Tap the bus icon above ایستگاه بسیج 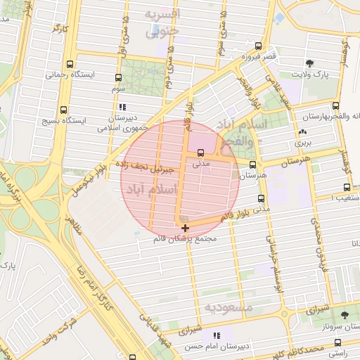click(x=65, y=110)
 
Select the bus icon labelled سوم click(x=117, y=79)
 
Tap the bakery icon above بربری click(x=302, y=131)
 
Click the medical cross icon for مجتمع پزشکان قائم click(x=185, y=228)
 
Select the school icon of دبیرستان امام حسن click(x=217, y=335)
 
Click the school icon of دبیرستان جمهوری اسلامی click(x=123, y=108)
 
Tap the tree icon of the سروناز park click(x=344, y=315)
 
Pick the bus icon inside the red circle click(x=202, y=152)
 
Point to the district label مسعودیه click(x=229, y=308)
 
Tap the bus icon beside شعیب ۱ click(x=347, y=188)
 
